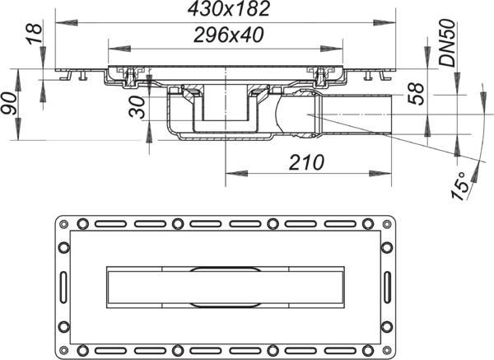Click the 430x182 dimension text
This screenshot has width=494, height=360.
coord(229,9)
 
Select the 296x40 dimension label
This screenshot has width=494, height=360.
coord(228,35)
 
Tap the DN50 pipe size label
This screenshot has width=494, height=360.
coord(448,43)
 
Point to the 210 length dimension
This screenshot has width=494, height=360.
coord(306,162)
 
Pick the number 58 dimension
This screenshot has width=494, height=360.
coord(416,93)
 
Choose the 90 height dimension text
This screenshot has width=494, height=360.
coord(8,104)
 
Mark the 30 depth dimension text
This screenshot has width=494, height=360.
coord(137,107)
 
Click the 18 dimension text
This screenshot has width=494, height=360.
coord(34,34)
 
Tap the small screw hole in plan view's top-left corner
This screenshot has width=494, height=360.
coord(63,224)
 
